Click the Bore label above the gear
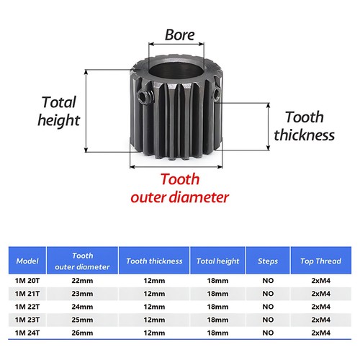click(179, 35)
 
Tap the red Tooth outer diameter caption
click(179, 189)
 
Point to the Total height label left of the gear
click(59, 111)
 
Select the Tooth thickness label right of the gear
click(305, 126)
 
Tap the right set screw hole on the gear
click(216, 94)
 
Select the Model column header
click(27, 261)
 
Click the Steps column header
click(268, 261)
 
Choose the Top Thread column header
click(320, 261)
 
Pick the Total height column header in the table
click(217, 261)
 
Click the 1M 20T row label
click(27, 281)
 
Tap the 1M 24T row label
click(27, 333)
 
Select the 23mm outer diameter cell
click(82, 294)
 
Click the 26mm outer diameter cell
click(82, 333)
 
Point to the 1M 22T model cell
click(27, 307)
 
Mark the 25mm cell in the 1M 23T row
click(82, 320)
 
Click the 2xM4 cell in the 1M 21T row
click(321, 294)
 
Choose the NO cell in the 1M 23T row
click(268, 320)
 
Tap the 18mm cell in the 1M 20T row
click(217, 281)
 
